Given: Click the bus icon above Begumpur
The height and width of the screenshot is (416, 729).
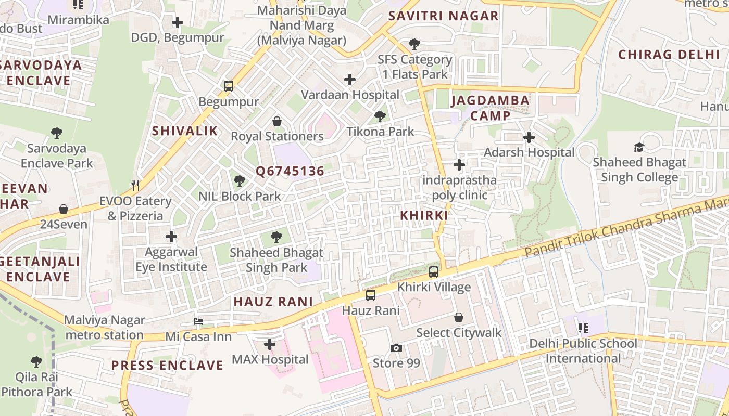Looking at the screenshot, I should click(229, 86).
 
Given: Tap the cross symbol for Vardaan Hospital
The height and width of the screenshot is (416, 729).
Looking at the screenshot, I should click(350, 80).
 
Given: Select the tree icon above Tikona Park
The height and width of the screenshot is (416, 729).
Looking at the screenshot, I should click(380, 116).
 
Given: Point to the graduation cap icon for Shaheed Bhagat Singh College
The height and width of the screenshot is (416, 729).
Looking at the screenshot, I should click(639, 148).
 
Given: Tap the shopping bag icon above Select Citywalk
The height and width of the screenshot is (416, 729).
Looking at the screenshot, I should click(459, 317).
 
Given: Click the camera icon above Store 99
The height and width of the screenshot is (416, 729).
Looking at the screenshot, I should click(396, 348).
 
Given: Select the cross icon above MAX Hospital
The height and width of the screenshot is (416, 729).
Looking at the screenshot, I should click(270, 344).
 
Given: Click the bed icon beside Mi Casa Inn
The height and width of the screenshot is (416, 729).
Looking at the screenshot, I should click(198, 321).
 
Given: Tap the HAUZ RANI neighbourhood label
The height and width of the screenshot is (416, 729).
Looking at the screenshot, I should click(273, 302).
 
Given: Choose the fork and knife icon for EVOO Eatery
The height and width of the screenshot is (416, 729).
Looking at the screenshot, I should click(135, 186).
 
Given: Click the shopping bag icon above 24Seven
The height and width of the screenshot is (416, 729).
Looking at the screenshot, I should click(64, 209).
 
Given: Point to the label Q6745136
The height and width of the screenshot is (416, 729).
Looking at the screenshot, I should click(290, 171).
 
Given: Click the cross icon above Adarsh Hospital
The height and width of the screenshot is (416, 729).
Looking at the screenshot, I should click(529, 137).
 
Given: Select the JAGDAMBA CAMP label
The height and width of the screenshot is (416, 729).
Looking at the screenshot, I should click(490, 108).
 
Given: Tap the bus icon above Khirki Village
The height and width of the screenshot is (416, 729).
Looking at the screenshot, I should click(434, 271).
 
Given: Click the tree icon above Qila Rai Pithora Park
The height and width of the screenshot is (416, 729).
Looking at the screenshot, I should click(36, 361).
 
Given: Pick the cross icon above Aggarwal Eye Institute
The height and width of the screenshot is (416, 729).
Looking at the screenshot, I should click(171, 237).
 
